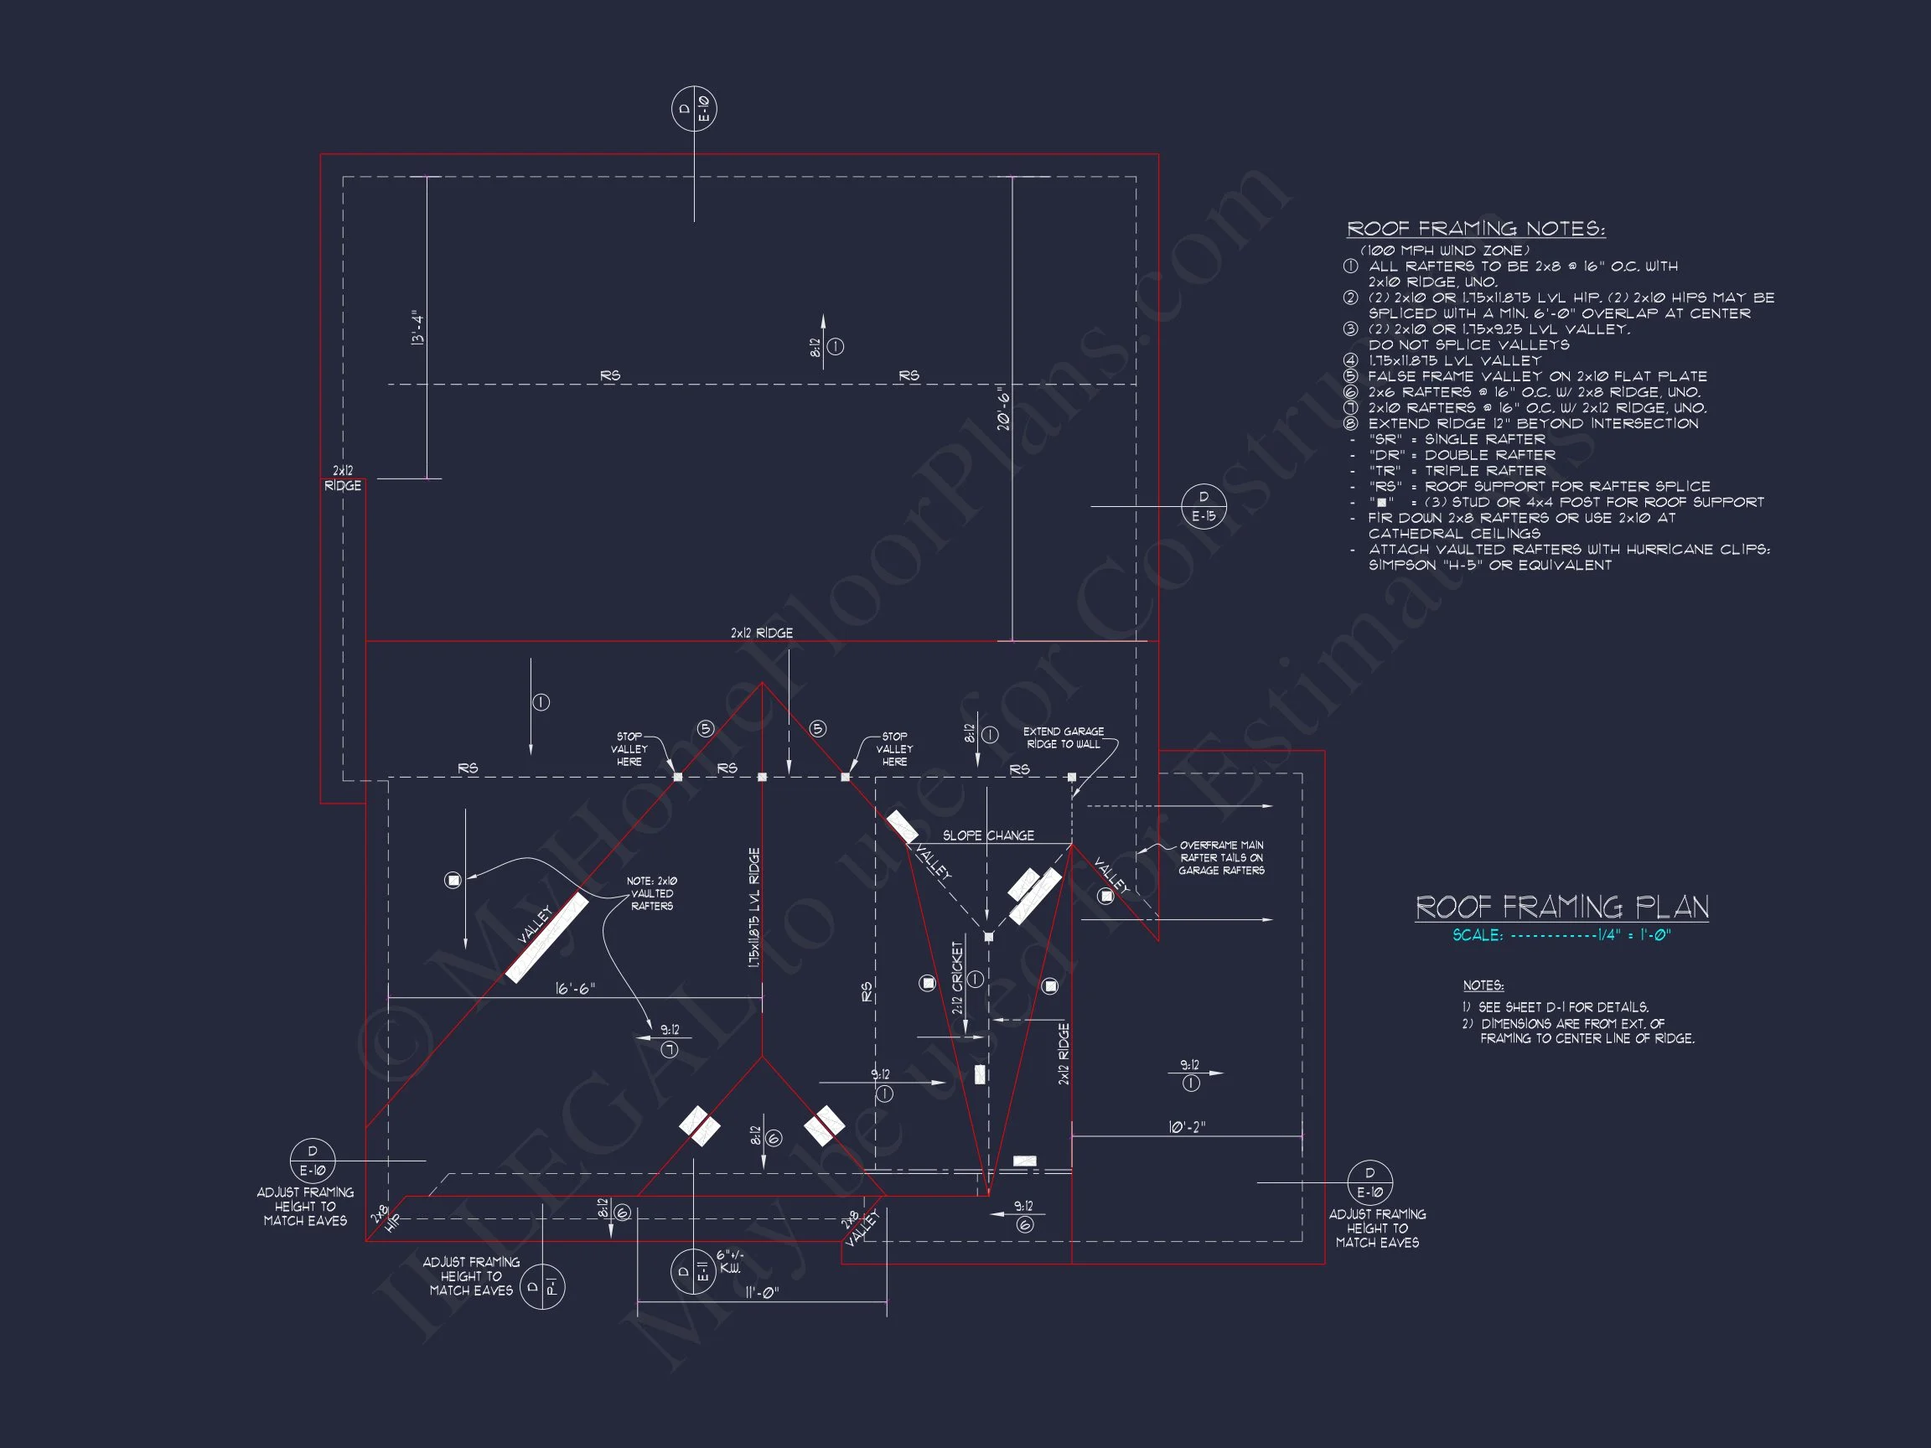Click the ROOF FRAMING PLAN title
point(1561,908)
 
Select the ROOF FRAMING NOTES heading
point(1475,229)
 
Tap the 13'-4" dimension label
point(417,328)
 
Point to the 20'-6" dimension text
point(1004,408)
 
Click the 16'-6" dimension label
point(575,989)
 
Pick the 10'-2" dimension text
point(1187,1127)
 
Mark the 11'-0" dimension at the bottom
point(762,1292)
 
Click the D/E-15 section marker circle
point(1204,506)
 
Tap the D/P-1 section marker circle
point(542,1285)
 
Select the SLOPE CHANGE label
point(988,835)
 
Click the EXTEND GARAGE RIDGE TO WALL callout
point(1064,737)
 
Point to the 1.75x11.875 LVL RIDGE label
point(754,908)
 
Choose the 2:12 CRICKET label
point(958,978)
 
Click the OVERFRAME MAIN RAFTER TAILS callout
point(1221,857)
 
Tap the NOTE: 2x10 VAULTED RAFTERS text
point(652,894)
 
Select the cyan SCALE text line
point(1561,935)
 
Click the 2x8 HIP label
point(385,1218)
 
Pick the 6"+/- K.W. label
point(730,1261)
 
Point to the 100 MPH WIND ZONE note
point(1445,251)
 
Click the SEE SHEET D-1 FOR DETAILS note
point(1556,1006)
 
